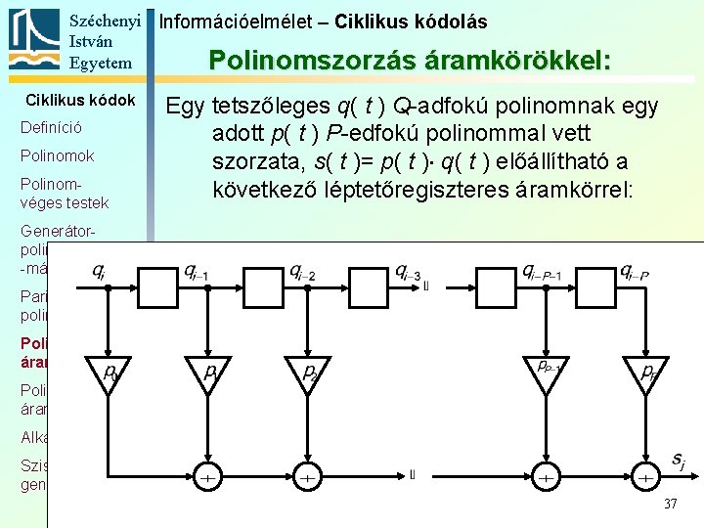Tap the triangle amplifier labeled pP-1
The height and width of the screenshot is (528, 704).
click(x=545, y=373)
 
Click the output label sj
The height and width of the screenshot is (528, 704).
click(x=678, y=461)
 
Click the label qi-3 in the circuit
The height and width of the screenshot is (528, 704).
click(x=409, y=271)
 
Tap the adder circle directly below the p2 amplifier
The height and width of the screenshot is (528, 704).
click(x=307, y=477)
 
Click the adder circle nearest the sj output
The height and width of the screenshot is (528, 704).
click(x=644, y=477)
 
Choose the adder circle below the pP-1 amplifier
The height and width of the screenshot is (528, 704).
click(x=545, y=477)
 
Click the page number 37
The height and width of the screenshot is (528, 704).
click(x=670, y=504)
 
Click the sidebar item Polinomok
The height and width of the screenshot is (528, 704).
click(x=57, y=155)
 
